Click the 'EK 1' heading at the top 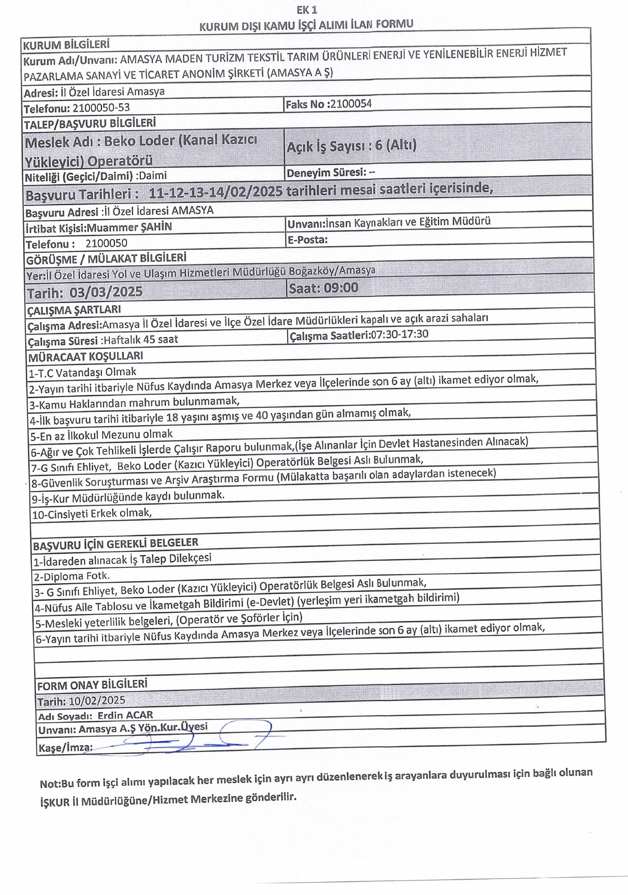tap(306, 10)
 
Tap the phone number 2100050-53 tap(101, 108)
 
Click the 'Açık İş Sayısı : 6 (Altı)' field tap(351, 146)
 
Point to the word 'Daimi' tap(152, 176)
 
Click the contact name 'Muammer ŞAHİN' tap(130, 227)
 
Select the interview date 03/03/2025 tap(106, 292)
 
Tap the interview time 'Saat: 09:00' tap(324, 288)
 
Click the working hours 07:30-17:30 tap(399, 334)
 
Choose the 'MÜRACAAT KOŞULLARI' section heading tap(86, 357)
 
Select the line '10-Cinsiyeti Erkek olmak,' tap(92, 513)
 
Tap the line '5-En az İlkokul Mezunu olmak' tap(102, 435)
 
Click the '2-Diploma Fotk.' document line tap(72, 576)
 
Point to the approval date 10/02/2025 tap(97, 700)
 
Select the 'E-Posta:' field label tap(308, 240)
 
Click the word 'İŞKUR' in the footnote tap(55, 802)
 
